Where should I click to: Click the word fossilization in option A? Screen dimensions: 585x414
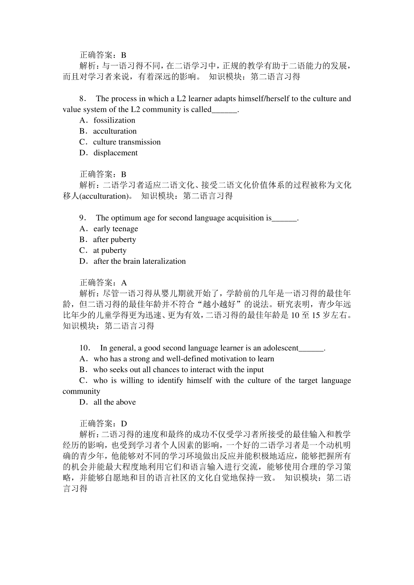[x=114, y=121]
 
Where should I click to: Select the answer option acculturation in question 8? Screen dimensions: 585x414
[x=115, y=131]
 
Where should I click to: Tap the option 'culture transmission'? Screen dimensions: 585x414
[x=127, y=142]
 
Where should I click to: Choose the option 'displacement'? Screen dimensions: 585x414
[x=115, y=153]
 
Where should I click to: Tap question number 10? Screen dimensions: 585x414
[x=85, y=348]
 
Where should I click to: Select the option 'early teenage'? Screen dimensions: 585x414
[x=115, y=229]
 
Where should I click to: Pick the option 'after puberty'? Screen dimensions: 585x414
[x=114, y=240]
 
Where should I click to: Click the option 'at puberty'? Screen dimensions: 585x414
[x=109, y=250]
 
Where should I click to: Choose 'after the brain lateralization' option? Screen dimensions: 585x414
[x=139, y=261]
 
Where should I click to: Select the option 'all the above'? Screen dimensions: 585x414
[x=114, y=402]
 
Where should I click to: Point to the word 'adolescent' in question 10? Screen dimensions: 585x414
[x=281, y=348]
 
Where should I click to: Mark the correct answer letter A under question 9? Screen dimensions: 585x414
[x=124, y=283]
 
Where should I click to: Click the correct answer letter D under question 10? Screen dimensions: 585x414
[x=124, y=424]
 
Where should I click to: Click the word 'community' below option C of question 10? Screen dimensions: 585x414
[x=81, y=392]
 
